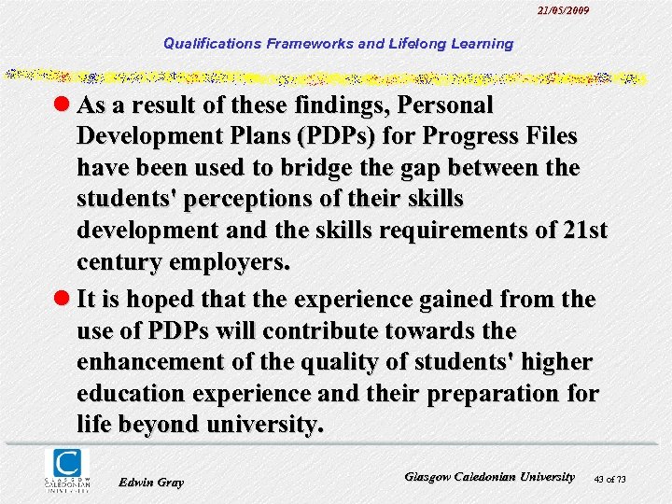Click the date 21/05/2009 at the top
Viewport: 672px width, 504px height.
[x=564, y=10]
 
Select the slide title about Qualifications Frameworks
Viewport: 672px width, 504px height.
[x=338, y=43]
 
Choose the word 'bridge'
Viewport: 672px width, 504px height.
[x=307, y=169]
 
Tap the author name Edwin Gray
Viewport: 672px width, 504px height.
[x=152, y=482]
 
